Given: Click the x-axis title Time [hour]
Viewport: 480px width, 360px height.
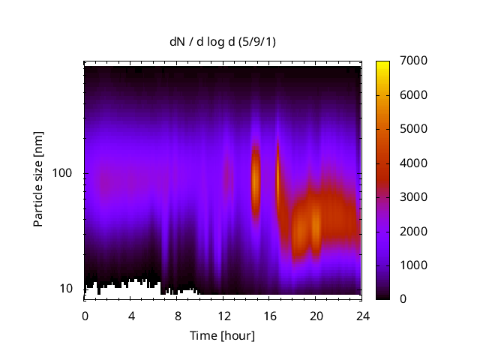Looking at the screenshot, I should coord(222,335).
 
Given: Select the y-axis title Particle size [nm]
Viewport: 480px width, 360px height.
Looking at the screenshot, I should coord(38,182).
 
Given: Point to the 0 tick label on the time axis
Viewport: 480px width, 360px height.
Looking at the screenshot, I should coord(85,315).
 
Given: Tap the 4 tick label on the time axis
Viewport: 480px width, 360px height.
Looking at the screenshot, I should coord(131,315).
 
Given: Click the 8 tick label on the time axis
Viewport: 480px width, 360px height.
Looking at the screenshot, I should coord(178,315).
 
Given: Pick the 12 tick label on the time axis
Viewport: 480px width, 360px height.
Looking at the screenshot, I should coord(223,315).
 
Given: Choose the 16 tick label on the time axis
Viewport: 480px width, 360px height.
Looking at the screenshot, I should coord(270,315).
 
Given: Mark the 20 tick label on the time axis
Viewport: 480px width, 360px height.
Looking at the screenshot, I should coord(316,315).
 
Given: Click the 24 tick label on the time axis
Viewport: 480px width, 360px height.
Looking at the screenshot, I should coord(362,315).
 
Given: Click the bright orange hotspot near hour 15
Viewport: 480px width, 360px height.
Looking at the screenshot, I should coord(255,180).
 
